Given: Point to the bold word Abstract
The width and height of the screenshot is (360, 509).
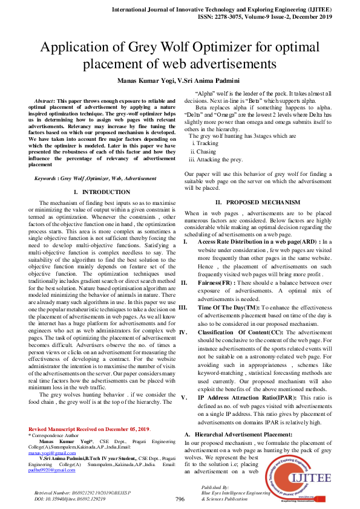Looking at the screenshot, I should (46, 100).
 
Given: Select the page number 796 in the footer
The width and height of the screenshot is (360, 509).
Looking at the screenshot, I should (180, 499).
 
